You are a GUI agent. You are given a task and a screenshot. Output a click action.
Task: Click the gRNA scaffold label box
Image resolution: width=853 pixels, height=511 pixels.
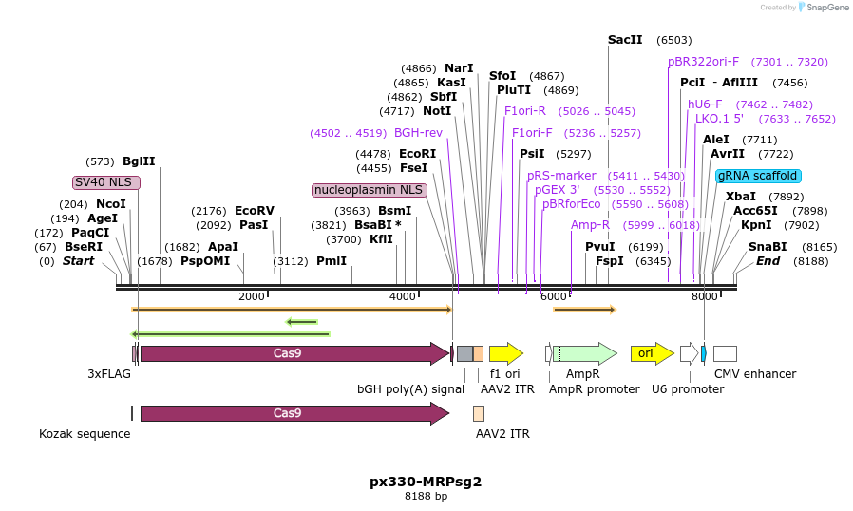759,176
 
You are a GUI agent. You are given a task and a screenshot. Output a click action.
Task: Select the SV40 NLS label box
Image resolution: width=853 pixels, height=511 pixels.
106,182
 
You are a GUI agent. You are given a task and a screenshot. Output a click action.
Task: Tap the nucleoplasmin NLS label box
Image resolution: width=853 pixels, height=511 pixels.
370,190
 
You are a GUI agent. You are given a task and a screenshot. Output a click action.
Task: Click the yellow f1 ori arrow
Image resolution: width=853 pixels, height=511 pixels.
505,353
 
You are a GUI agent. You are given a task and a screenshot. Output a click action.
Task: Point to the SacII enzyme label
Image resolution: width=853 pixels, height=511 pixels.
625,40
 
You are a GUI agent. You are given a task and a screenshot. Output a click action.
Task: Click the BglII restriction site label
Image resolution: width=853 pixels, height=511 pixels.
139,161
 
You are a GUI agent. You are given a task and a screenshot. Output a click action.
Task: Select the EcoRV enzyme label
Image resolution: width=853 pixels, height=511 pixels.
254,211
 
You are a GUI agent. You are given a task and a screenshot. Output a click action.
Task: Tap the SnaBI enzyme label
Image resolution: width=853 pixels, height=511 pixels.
768,247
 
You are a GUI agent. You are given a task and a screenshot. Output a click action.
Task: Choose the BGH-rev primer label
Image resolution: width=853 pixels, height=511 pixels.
418,133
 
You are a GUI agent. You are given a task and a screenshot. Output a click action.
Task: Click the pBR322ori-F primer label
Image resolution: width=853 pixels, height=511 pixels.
703,62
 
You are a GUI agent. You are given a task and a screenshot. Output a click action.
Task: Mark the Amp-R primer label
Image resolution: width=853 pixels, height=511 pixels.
590,225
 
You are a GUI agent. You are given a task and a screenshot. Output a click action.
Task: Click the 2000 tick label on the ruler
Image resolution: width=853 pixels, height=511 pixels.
252,297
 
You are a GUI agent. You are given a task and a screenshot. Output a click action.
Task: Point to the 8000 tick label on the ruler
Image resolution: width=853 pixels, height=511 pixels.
704,297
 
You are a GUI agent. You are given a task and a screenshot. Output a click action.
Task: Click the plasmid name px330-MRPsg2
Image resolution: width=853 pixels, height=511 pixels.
426,481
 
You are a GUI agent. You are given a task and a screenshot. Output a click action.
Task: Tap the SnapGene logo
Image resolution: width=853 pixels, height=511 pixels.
823,8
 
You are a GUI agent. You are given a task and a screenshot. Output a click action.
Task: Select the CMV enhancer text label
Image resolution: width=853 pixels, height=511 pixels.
755,374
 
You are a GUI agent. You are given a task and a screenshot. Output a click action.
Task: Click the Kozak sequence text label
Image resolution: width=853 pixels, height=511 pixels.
85,434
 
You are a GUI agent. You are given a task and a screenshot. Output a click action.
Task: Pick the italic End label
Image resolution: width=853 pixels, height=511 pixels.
768,261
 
